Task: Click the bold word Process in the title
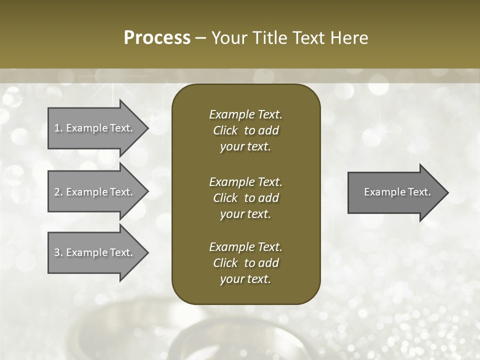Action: pyautogui.click(x=157, y=38)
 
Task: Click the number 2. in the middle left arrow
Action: pyautogui.click(x=58, y=192)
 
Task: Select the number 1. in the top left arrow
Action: pyautogui.click(x=58, y=128)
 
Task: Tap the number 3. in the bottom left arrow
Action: pyautogui.click(x=58, y=252)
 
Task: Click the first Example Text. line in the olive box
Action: pyautogui.click(x=245, y=114)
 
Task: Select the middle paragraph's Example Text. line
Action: pyautogui.click(x=245, y=182)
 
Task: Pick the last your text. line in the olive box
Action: pyautogui.click(x=245, y=279)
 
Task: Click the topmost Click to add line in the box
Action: pyautogui.click(x=245, y=130)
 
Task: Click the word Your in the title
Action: pyautogui.click(x=227, y=38)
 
